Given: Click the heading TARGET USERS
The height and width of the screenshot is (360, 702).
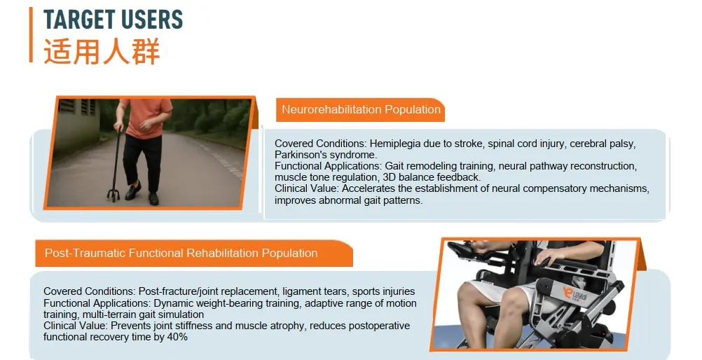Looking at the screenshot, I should click(113, 19).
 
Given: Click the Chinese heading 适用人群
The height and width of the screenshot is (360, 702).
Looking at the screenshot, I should click(102, 52).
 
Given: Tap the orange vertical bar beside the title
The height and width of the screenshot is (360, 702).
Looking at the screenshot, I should click(31, 34).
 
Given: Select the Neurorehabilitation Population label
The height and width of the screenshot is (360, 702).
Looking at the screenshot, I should click(361, 109).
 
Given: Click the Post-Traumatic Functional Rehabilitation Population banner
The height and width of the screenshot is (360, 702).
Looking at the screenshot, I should click(181, 253).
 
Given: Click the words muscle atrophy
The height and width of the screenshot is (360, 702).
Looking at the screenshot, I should click(242, 326).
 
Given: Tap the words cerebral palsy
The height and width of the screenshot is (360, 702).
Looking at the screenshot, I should click(602, 144).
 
